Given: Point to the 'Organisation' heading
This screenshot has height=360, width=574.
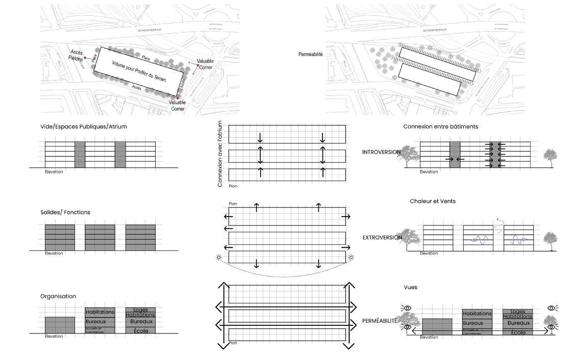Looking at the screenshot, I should (x=58, y=296).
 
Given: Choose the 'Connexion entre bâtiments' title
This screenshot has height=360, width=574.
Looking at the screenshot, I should (x=440, y=126).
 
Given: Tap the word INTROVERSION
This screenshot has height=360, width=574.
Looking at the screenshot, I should (x=382, y=152).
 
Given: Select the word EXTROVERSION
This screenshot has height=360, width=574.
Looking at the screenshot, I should (x=382, y=238).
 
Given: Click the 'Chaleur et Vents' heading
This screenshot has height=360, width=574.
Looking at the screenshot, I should (x=433, y=201).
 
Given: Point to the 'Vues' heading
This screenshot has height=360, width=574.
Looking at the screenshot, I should (x=410, y=287).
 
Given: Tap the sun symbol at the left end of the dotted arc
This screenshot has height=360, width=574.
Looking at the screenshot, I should (x=219, y=258).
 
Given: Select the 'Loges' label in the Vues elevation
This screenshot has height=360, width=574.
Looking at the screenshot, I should (x=517, y=311).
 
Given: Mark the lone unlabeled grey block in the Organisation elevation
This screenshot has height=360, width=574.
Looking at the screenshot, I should (x=60, y=325).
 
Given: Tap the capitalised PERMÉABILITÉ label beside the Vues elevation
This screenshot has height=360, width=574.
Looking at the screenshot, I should (x=380, y=321).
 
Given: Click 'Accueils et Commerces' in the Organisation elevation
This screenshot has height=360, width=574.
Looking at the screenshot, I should (x=94, y=329).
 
